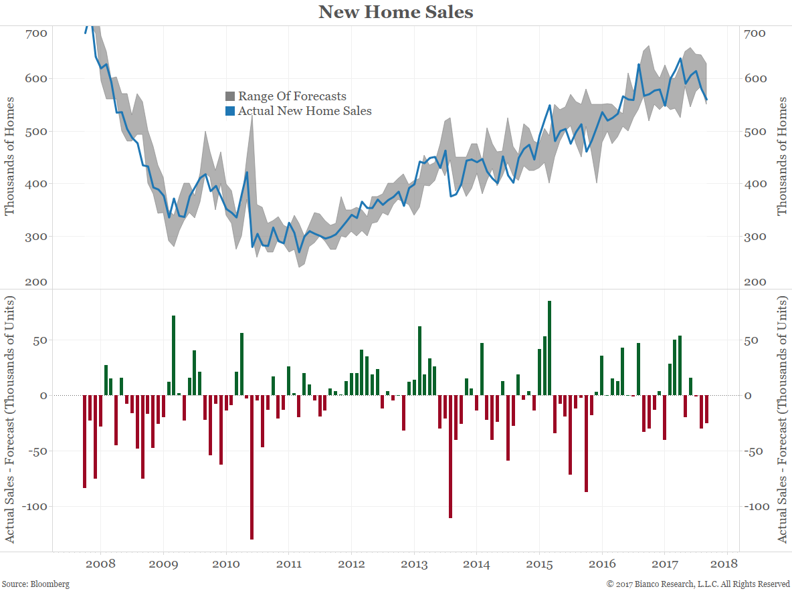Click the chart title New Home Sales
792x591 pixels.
point(395,12)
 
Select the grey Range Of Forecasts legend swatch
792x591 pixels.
point(230,96)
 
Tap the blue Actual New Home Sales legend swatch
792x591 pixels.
point(230,111)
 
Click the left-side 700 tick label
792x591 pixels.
point(37,33)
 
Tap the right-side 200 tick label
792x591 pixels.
point(755,281)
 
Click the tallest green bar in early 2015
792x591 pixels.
point(549,348)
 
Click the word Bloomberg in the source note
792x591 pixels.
point(50,584)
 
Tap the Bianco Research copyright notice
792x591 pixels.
point(698,584)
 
